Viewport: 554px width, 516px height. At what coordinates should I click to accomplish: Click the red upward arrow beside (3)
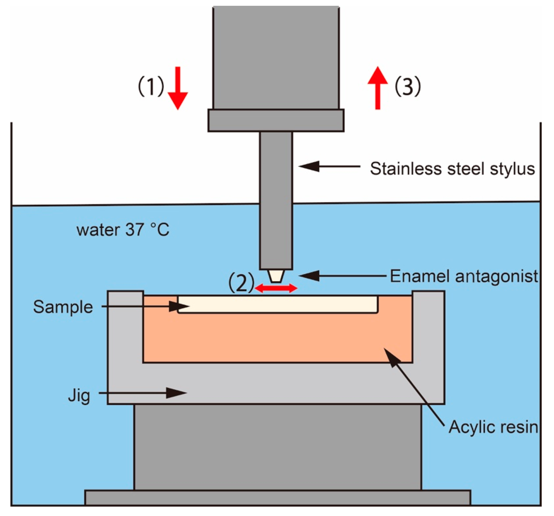(x=378, y=88)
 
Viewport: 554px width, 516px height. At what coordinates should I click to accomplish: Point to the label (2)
(x=241, y=282)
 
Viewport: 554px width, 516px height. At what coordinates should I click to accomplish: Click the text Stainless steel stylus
(x=452, y=169)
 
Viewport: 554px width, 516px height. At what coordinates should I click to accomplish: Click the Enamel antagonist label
(x=464, y=276)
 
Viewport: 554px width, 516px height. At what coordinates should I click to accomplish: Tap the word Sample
(x=63, y=307)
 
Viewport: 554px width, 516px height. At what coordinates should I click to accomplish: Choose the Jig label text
(x=79, y=396)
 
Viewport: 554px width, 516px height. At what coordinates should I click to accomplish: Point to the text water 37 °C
(x=123, y=230)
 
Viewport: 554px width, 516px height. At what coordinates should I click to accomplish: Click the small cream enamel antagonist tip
(x=275, y=276)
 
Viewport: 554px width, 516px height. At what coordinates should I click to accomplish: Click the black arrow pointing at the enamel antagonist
(x=343, y=276)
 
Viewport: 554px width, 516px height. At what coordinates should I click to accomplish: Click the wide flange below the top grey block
(x=276, y=120)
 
